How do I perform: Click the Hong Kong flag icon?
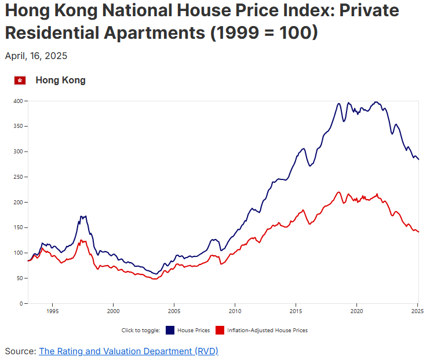20,80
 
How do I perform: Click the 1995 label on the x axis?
52,311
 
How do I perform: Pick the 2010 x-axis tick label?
235,311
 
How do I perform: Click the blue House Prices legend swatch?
170,330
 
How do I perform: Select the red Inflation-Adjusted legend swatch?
220,330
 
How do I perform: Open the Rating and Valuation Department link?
128,351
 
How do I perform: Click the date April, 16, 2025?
36,56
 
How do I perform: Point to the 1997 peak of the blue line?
81,216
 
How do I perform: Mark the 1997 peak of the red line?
82,240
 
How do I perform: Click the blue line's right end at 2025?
418,159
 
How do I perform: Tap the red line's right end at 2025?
418,232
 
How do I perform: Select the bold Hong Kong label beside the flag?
60,80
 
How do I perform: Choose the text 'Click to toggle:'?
141,330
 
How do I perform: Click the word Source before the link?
19,351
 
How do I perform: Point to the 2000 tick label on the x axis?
113,311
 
